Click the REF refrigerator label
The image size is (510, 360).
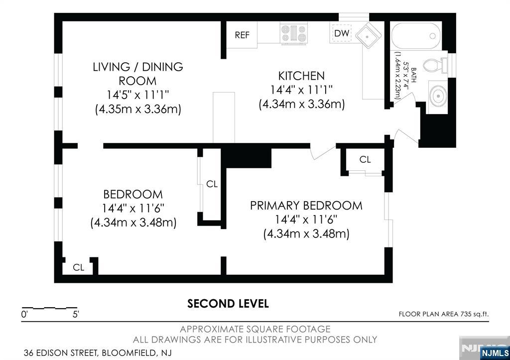(242, 35)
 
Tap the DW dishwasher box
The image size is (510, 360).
(342, 33)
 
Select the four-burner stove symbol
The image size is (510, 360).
(294, 33)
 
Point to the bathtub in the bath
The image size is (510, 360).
(416, 36)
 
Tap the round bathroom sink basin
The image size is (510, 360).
(438, 96)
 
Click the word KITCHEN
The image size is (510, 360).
(301, 76)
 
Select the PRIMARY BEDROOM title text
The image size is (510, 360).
(306, 206)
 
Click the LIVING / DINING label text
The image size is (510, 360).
(138, 67)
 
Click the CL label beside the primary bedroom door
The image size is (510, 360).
(365, 159)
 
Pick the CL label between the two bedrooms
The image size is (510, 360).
(212, 184)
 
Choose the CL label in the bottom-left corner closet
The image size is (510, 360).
(78, 267)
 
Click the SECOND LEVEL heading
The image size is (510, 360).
(228, 303)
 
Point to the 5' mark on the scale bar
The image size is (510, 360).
(76, 315)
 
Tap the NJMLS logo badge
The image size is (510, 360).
(495, 353)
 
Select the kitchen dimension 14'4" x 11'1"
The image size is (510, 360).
(301, 90)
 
